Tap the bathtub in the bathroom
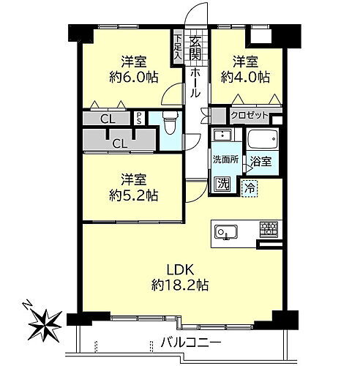[260, 140]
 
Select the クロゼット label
[248, 116]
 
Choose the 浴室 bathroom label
[261, 162]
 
